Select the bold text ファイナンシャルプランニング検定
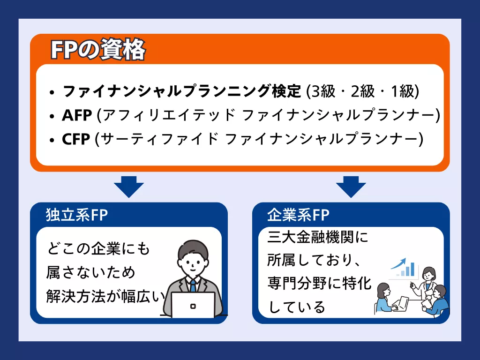pyautogui.click(x=181, y=91)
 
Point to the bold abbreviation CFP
pyautogui.click(x=76, y=139)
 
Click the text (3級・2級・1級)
pyautogui.click(x=361, y=91)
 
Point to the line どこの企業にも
pyautogui.click(x=98, y=249)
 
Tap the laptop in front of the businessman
pyautogui.click(x=193, y=304)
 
